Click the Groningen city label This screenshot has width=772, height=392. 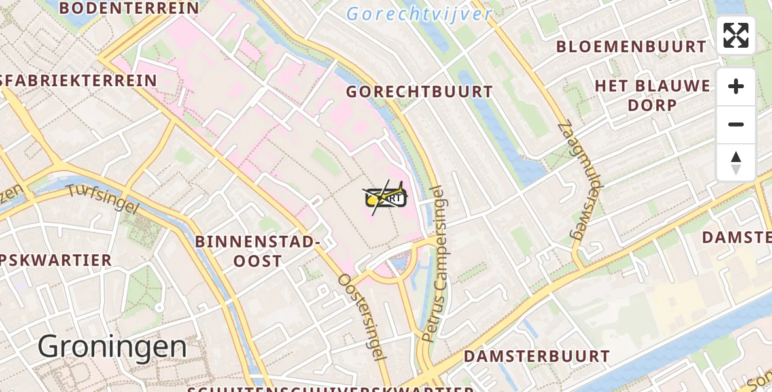pos(112,346)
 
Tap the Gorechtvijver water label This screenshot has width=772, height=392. pos(419,14)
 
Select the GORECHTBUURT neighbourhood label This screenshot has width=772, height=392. pos(419,92)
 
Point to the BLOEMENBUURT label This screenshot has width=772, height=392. pos(631,47)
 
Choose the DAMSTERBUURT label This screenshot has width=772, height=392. pos(536,357)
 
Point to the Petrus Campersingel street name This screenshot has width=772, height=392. pos(433,263)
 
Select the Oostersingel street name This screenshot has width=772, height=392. pos(359,316)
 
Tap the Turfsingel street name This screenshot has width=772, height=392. pos(103,197)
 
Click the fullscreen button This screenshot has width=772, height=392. pos(736,35)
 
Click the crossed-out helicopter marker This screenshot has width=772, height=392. pos(385,196)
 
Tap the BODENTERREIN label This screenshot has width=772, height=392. pos(129,8)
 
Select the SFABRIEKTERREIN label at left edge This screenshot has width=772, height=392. pos(79,81)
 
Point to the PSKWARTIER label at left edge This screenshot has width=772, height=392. pos(56,260)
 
